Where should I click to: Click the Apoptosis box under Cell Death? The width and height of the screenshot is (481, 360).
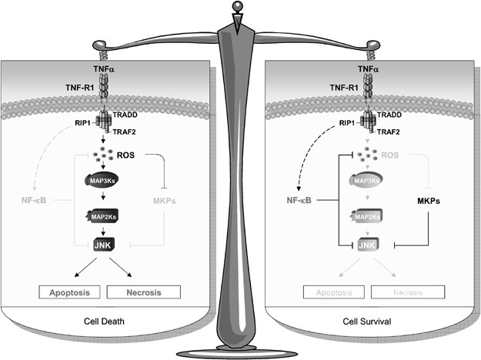(67, 292)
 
